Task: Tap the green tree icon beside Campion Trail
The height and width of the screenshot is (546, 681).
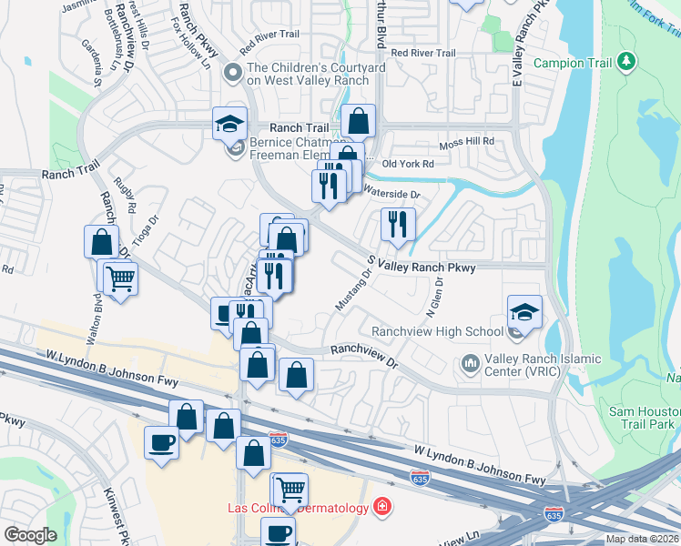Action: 625,62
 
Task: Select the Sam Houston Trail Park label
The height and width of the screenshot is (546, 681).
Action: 644,418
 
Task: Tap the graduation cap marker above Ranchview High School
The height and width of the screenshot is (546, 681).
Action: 524,312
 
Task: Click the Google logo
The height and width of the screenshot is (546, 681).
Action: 30,535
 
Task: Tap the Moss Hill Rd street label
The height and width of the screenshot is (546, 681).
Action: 466,141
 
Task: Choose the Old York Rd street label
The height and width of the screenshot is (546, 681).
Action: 409,164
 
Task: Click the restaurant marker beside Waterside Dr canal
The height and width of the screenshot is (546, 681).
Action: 397,224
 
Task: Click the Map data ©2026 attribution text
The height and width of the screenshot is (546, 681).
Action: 642,539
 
